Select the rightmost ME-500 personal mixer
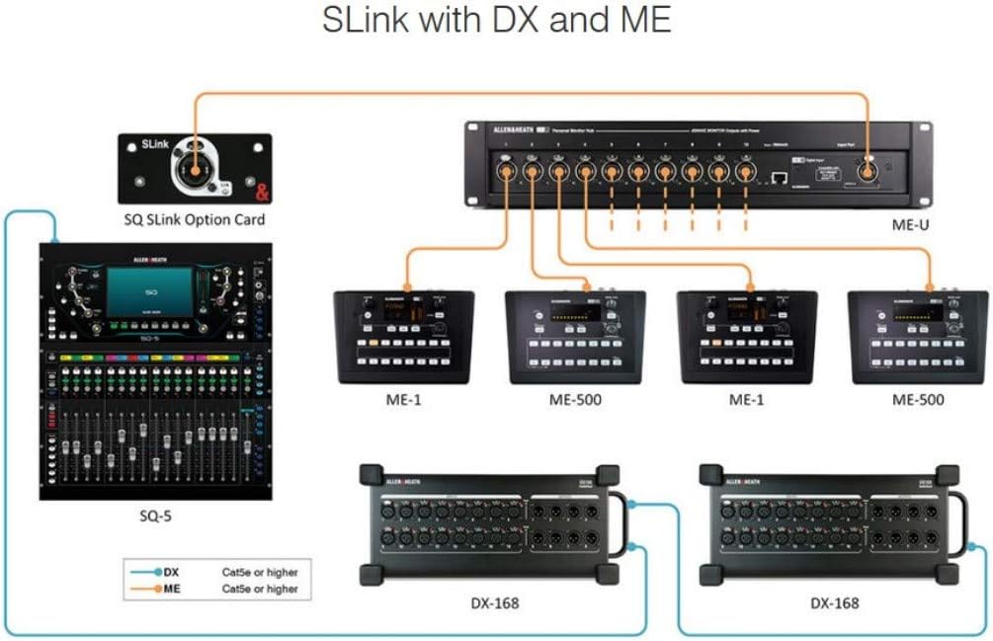point(918,336)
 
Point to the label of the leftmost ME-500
point(575,400)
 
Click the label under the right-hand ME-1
point(747,400)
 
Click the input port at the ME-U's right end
point(869,172)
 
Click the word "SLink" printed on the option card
point(139,144)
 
